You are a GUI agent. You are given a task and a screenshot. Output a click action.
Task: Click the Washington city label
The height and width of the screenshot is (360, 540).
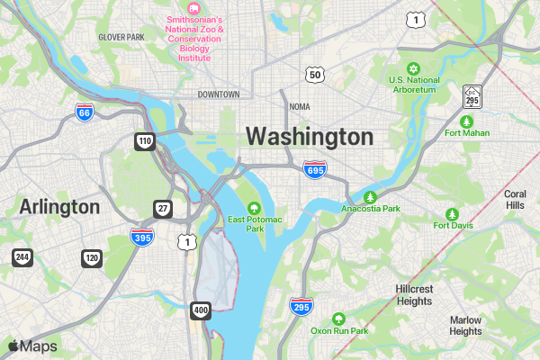tap(309, 137)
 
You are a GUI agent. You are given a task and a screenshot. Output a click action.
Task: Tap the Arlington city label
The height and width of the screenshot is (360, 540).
tap(59, 207)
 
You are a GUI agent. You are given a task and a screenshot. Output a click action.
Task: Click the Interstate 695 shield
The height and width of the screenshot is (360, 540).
tap(314, 170)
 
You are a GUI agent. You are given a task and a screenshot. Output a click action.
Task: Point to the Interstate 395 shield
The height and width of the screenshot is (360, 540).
tap(141, 236)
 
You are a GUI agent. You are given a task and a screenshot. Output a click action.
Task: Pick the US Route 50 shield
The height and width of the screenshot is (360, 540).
tap(314, 75)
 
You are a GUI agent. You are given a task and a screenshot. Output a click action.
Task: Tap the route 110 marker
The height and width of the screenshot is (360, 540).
tap(145, 141)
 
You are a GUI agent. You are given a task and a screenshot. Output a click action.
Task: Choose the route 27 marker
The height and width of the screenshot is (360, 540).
tap(163, 209)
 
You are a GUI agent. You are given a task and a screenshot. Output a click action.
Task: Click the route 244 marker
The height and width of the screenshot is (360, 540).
tap(22, 257)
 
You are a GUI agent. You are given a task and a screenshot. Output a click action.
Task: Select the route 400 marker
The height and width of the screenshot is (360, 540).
tap(201, 310)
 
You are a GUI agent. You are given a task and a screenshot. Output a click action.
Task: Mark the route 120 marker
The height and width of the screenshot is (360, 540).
tap(92, 257)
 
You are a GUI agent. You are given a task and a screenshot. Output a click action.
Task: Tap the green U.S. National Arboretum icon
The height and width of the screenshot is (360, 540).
tap(414, 69)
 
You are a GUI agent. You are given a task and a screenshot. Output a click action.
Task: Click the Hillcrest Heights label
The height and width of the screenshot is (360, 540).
tap(414, 294)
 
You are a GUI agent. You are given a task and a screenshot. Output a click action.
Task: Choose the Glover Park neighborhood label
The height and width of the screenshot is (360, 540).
tap(121, 37)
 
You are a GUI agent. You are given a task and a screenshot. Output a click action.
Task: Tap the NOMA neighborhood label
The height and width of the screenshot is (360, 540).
tap(299, 106)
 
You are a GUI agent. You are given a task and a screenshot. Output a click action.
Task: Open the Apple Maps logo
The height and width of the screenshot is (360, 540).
tap(32, 346)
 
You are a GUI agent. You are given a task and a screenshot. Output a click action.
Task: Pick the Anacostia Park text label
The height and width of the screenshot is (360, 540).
tap(370, 209)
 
